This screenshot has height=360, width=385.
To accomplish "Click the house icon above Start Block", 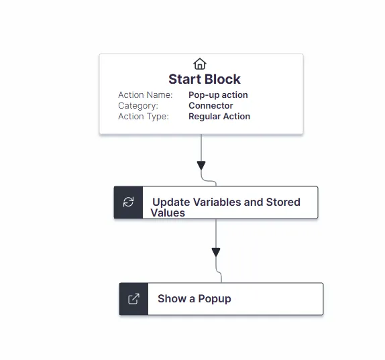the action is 200,64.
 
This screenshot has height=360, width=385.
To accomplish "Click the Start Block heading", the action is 205,79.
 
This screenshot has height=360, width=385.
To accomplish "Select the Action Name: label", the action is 146,95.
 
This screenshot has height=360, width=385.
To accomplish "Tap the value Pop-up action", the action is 218,95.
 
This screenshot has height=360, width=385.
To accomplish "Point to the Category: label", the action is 138,106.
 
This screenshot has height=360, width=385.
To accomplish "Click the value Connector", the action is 211,105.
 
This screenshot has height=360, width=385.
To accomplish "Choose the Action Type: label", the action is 144,117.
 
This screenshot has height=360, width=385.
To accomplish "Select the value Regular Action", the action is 219,117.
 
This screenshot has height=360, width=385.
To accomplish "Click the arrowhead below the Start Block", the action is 201,165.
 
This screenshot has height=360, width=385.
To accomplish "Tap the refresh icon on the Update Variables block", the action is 128,202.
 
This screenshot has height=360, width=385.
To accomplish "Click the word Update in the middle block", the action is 171,202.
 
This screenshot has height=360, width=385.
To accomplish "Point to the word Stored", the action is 283,202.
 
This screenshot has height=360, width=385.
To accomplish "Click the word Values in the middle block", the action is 168,213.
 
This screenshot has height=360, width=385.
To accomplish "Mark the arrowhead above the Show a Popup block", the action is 216,252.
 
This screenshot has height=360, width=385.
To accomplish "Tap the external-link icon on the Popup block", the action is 134,298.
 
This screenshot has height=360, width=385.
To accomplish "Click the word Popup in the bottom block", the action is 215,299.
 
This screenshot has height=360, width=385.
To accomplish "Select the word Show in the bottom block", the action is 172,298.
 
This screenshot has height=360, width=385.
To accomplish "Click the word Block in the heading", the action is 223,79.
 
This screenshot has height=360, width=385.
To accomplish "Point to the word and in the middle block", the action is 254,202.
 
